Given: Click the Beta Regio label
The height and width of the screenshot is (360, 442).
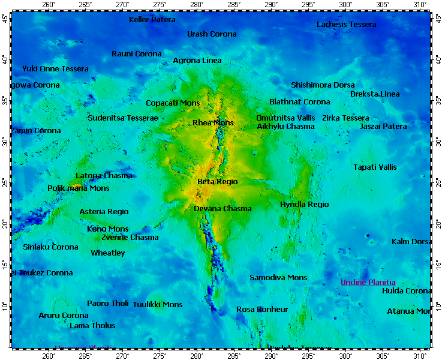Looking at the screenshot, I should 218,181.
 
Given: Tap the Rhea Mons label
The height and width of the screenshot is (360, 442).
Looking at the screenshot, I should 213,123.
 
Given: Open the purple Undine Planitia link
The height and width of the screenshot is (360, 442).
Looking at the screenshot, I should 368,282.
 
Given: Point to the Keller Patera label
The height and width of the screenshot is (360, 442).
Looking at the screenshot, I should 152,20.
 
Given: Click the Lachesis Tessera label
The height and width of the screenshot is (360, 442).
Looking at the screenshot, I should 346,25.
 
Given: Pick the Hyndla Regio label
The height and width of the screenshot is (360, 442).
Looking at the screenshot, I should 304,205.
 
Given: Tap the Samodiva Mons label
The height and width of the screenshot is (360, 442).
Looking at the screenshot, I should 278,277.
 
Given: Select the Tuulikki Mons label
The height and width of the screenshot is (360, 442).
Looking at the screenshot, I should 157,304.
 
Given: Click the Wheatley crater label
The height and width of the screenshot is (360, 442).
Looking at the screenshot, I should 108,253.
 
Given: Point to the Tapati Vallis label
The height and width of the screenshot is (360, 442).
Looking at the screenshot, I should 375,167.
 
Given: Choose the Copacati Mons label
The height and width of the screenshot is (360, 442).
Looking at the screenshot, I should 173,103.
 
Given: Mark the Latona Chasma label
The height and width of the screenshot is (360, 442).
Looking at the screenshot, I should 104,176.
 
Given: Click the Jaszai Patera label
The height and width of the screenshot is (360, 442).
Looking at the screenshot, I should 383,126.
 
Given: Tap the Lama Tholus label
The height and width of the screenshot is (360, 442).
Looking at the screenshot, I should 92,325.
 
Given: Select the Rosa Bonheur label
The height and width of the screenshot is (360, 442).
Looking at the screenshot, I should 262,309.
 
